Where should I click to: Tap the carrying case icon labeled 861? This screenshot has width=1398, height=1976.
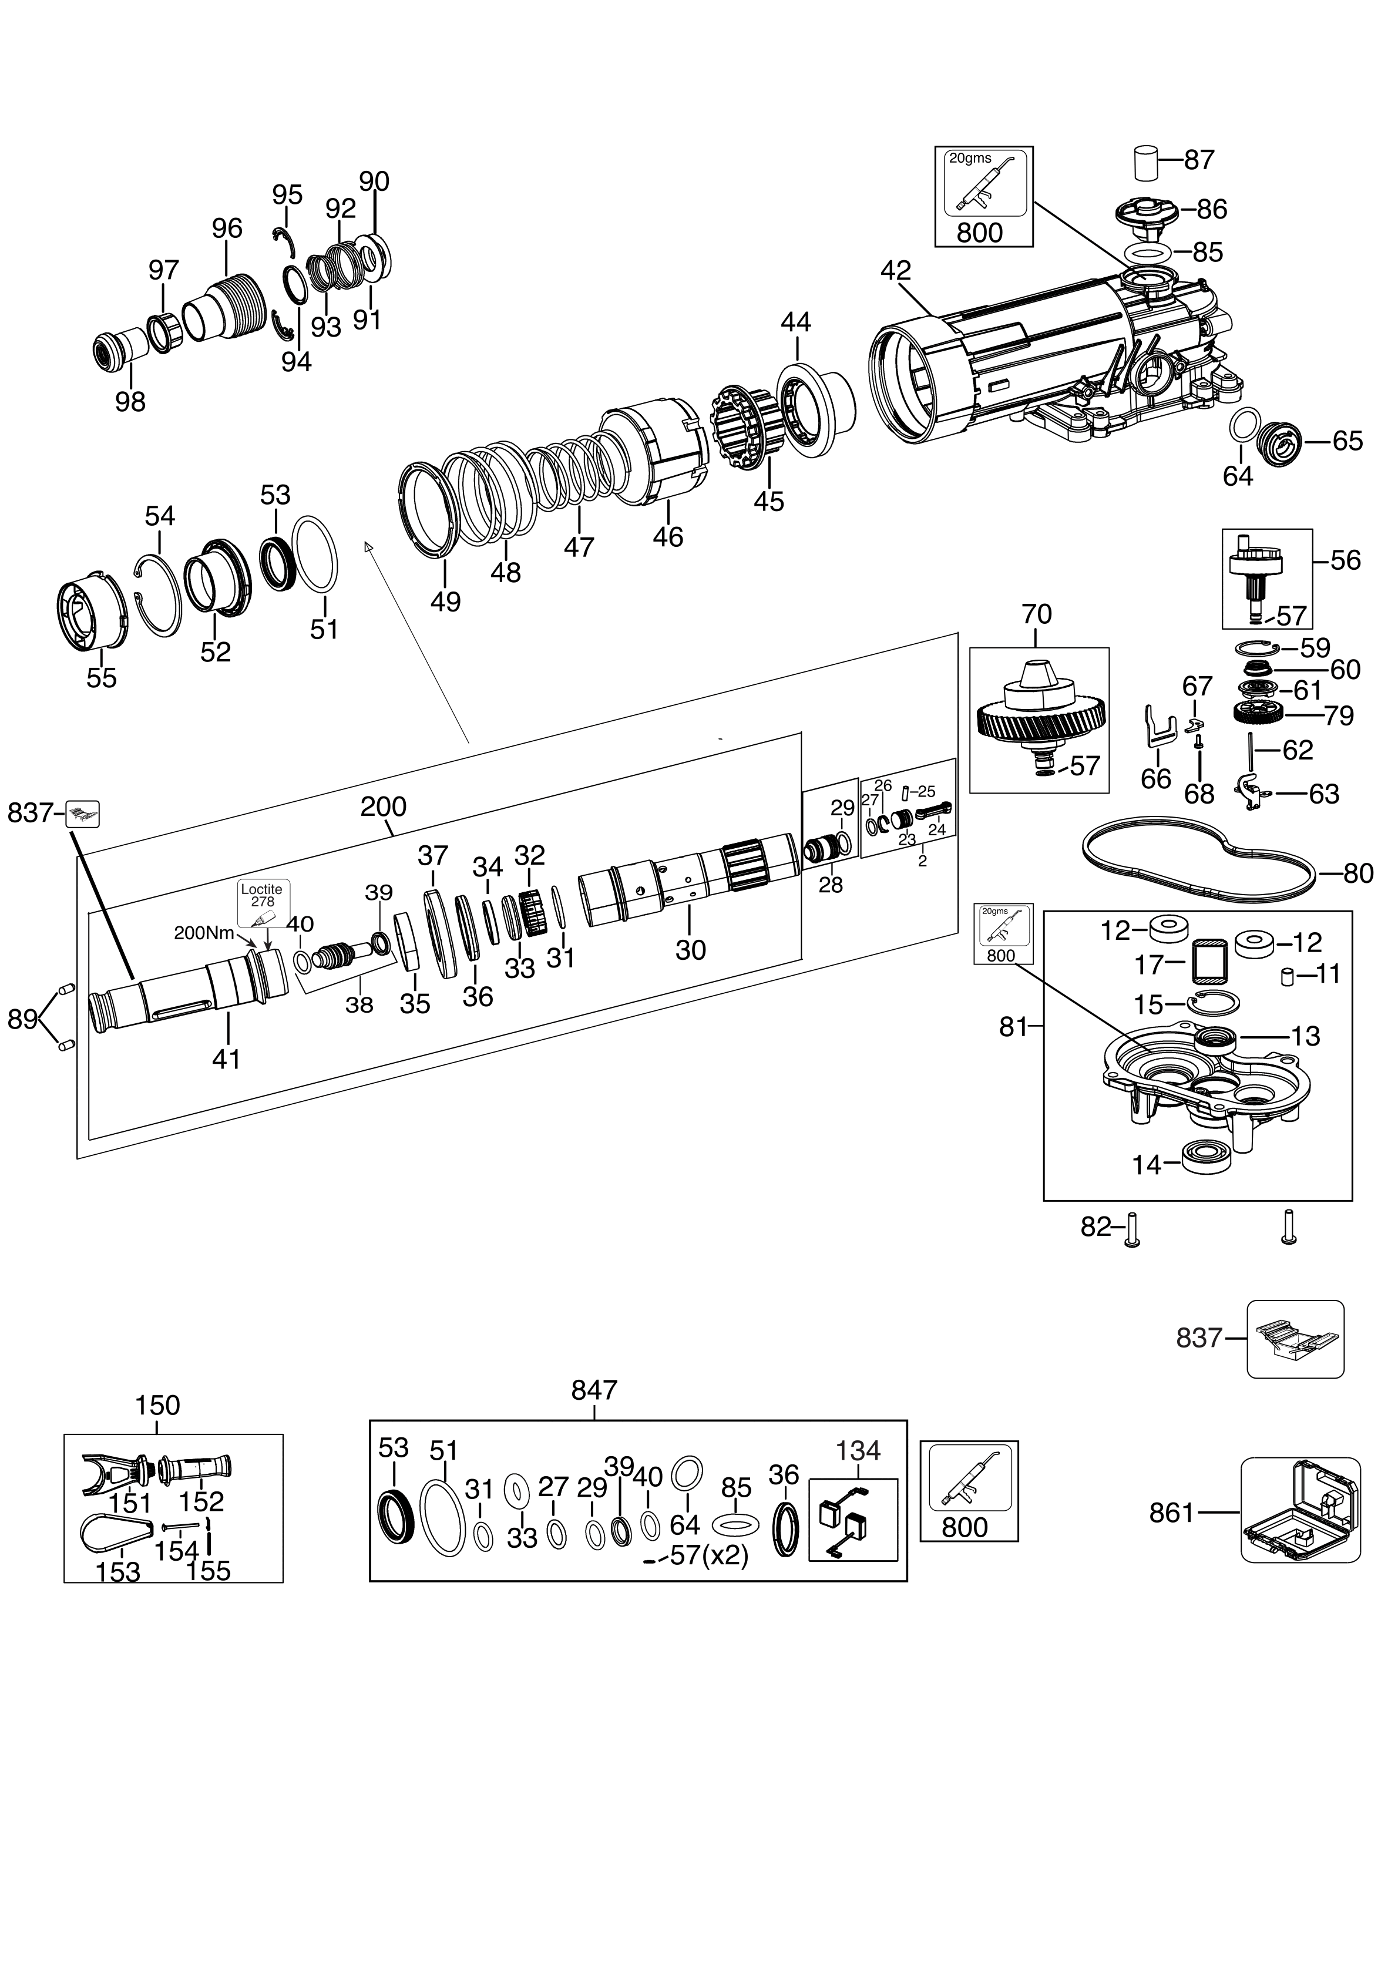(1300, 1511)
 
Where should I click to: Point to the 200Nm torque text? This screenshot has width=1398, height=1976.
(204, 933)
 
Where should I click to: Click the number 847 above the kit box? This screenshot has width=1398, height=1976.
(594, 1390)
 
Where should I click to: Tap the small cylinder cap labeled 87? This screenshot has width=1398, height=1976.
(1144, 162)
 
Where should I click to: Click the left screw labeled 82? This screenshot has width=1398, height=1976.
(1132, 1227)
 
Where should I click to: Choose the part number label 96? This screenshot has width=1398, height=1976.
(227, 229)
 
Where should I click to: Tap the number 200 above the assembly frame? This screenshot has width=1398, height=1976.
(383, 807)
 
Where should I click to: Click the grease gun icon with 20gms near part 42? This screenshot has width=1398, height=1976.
(984, 183)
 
